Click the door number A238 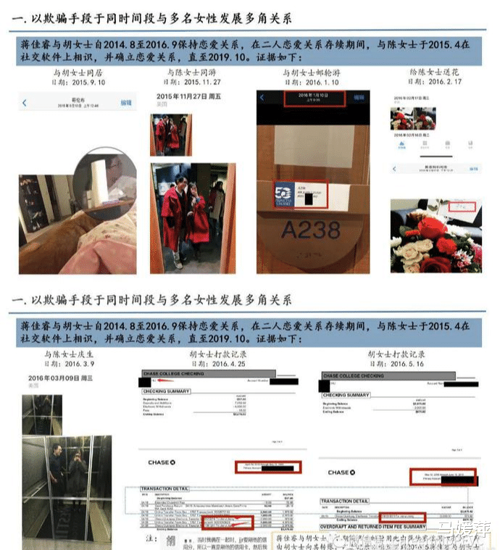pos(311,230)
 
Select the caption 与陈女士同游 pos(191,73)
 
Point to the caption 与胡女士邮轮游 pos(312,74)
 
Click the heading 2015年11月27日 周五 pos(190,96)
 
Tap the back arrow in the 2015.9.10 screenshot pos(24,104)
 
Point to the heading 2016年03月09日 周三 pos(62,378)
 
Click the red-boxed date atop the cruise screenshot pos(312,99)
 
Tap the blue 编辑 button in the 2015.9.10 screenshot pos(126,103)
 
